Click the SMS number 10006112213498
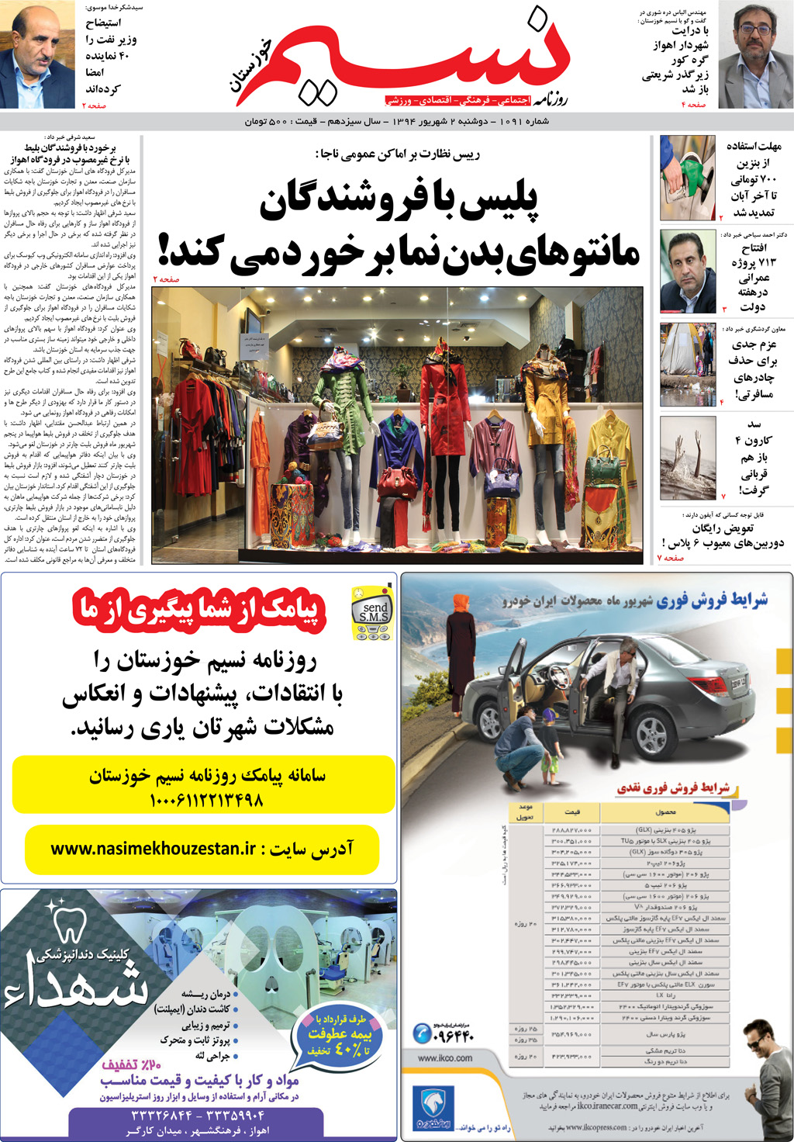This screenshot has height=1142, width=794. coord(205,800)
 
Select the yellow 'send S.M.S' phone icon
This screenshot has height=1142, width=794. coord(373,613)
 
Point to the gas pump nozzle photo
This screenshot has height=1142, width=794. coord(687,178)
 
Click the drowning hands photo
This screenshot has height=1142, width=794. coord(688,458)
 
